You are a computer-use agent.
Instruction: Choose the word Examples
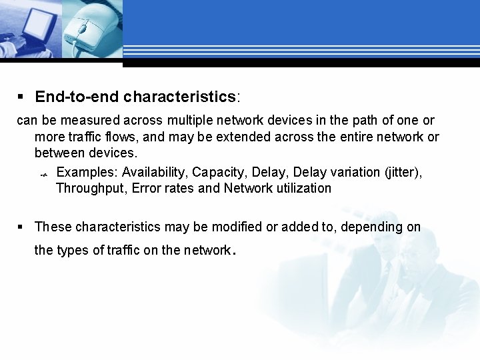pyautogui.click(x=84, y=172)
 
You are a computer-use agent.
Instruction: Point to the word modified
pyautogui.click(x=236, y=227)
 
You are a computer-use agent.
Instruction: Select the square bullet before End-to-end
pyautogui.click(x=20, y=97)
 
